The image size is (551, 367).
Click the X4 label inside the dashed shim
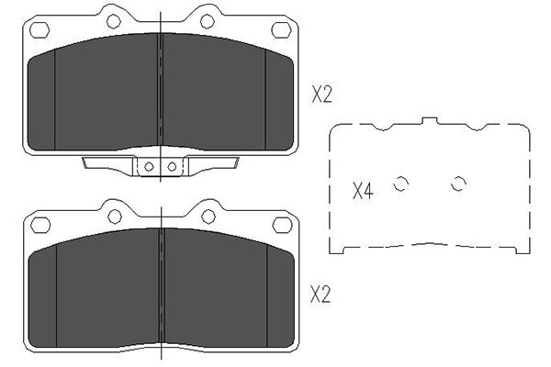(363, 192)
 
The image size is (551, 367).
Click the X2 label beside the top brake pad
(321, 95)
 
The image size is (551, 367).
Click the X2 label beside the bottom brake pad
(320, 295)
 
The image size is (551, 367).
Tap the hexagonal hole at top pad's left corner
(39, 30)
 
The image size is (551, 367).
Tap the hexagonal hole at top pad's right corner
(282, 29)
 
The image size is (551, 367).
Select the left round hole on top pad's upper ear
(114, 21)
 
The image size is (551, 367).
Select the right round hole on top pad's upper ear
(208, 21)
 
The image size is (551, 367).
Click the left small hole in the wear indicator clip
(149, 166)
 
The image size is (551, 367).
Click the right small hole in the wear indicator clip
(172, 166)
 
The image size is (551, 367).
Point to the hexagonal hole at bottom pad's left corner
(40, 225)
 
